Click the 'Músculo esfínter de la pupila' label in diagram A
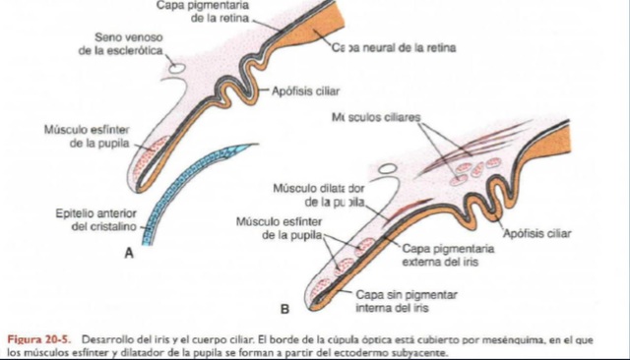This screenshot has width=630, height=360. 88,136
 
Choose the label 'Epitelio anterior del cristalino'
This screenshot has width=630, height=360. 92,220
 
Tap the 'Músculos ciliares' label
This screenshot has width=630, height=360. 377,118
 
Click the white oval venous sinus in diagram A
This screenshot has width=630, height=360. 178,69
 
